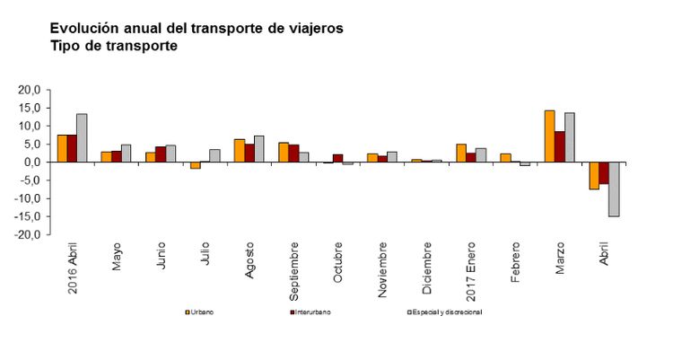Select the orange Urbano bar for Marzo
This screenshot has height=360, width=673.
pyautogui.click(x=549, y=136)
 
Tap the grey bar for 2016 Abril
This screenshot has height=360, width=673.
pyautogui.click(x=82, y=138)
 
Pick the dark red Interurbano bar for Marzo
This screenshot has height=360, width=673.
pyautogui.click(x=559, y=146)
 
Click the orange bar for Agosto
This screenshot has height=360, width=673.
pyautogui.click(x=239, y=151)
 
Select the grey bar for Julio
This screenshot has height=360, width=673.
pyautogui.click(x=214, y=155)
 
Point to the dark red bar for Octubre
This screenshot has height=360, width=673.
pyautogui.click(x=337, y=158)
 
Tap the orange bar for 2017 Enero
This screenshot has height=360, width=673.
pyautogui.click(x=461, y=153)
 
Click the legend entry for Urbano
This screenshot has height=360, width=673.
pyautogui.click(x=201, y=312)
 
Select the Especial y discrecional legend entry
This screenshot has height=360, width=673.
pyautogui.click(x=444, y=312)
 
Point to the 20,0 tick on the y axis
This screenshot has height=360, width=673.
pyautogui.click(x=30, y=91)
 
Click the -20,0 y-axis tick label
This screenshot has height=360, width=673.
pyautogui.click(x=28, y=234)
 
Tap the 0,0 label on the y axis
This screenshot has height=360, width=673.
pyautogui.click(x=32, y=162)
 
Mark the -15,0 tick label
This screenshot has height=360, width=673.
pyautogui.click(x=28, y=216)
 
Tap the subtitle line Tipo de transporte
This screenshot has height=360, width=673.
pyautogui.click(x=114, y=46)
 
